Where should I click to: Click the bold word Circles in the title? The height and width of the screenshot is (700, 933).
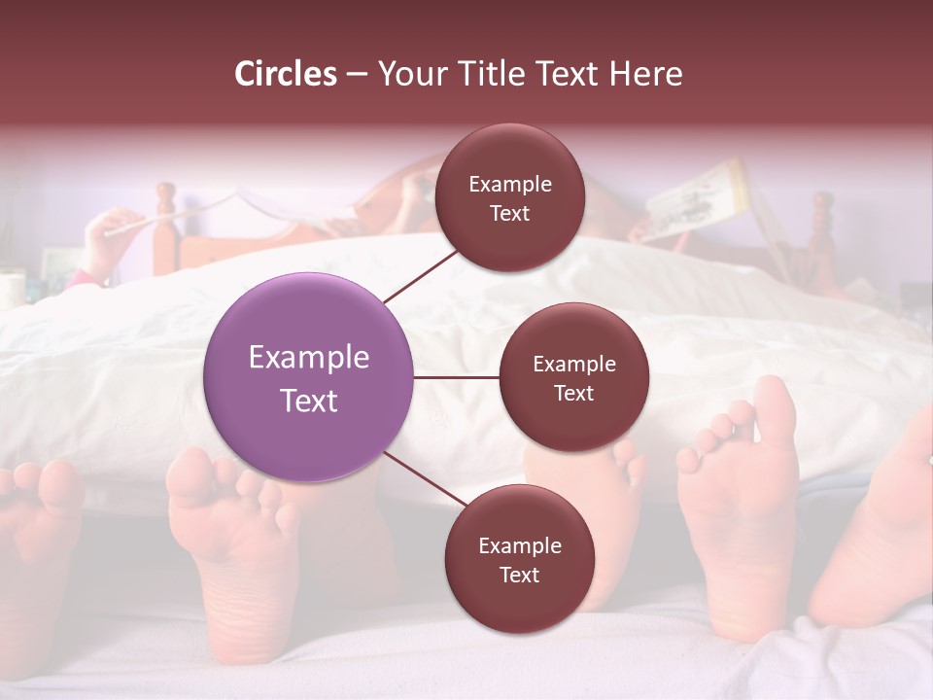286,74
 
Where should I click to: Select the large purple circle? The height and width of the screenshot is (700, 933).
309,377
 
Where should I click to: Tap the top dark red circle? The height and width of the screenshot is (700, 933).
509,197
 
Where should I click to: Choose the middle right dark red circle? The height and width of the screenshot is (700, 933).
573,377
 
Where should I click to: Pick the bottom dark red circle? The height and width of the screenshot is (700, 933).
519,559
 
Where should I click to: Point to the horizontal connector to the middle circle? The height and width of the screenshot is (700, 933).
457,377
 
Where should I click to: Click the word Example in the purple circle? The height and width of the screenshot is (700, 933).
309,358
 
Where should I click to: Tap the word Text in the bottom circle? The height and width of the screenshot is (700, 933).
519,576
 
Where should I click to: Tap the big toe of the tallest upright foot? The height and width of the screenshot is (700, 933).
775,402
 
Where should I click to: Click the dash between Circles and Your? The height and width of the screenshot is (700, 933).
357,75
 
